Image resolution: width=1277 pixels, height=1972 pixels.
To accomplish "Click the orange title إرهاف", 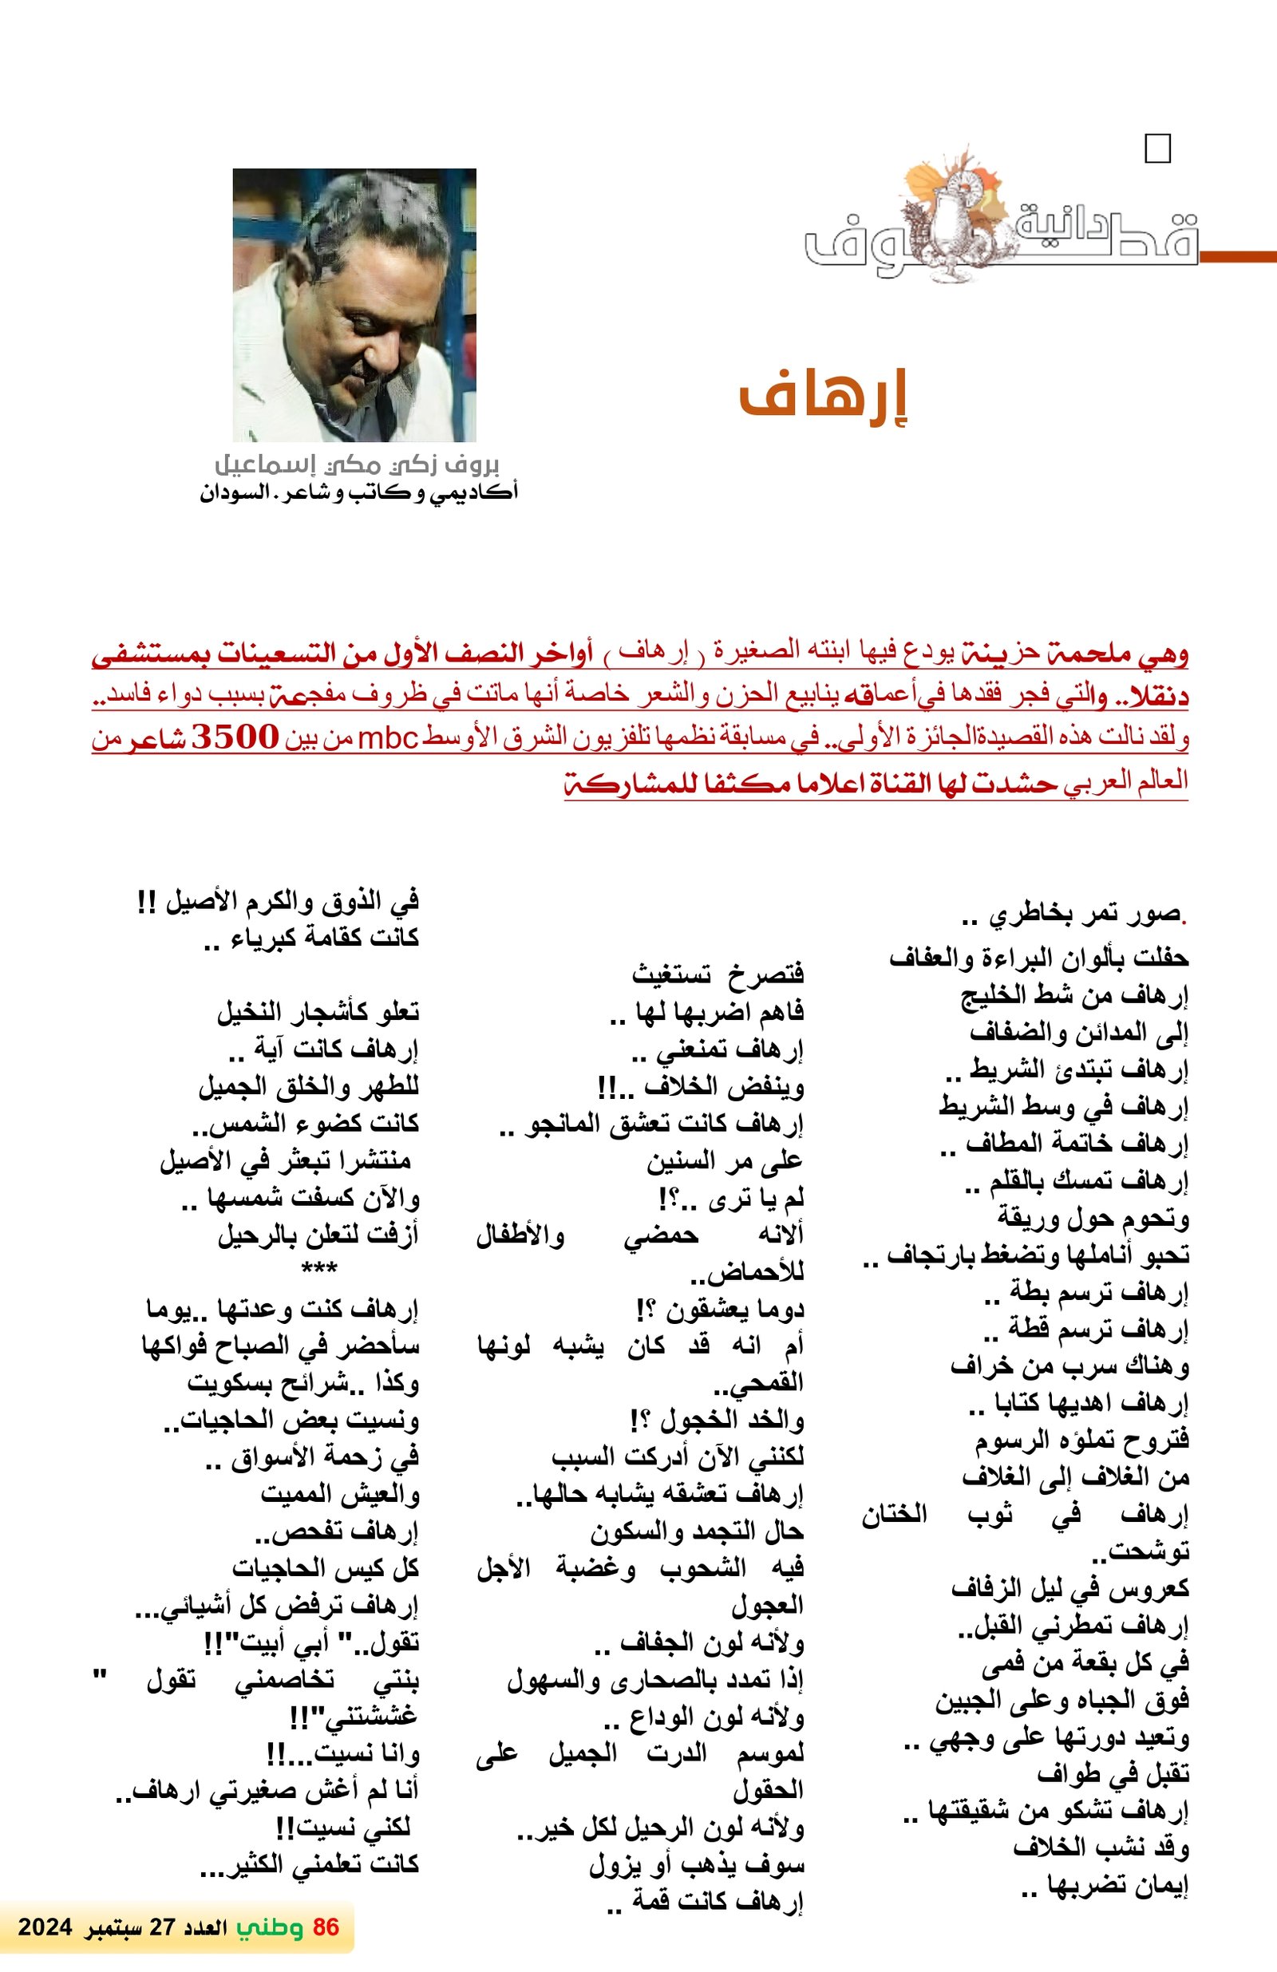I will tap(823, 399).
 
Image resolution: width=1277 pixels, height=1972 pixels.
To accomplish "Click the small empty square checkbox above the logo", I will tap(1156, 149).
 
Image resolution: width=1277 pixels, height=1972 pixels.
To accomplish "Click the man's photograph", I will tap(354, 305).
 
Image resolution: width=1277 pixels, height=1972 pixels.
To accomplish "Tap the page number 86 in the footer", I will tap(326, 1927).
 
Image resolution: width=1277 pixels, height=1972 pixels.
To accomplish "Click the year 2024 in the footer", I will tap(45, 1927).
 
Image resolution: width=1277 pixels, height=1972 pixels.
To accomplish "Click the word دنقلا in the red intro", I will tap(1156, 697).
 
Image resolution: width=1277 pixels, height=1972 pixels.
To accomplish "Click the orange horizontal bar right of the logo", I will tap(1237, 257).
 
